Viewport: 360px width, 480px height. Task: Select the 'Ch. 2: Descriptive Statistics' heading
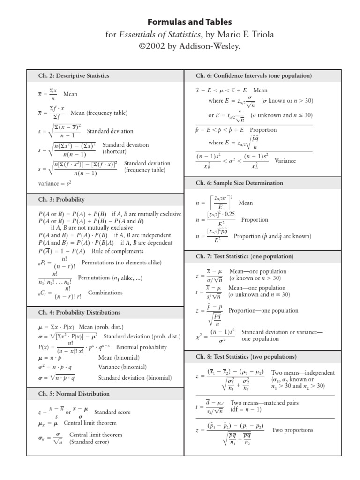74,75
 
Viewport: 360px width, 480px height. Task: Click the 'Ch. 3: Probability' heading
61,200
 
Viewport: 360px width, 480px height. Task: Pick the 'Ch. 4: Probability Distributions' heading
79,312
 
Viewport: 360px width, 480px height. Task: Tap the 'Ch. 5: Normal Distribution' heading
74,394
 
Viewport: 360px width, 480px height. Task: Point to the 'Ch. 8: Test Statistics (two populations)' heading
246,357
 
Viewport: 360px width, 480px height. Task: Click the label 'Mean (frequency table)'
99,113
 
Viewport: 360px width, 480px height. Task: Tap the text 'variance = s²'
55,183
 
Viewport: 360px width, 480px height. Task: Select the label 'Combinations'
105,292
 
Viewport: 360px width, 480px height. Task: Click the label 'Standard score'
112,412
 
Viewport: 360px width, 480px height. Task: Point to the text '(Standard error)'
89,442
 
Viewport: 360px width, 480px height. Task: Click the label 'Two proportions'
292,430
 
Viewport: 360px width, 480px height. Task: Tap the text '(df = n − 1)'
246,409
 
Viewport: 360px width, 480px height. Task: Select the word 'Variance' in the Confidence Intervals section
285,160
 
